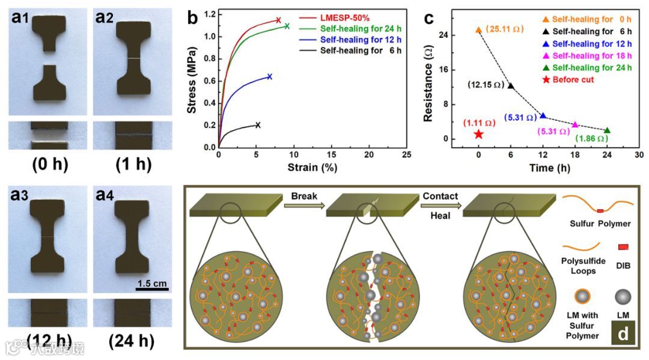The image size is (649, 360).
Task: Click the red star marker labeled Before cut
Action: click(x=478, y=134)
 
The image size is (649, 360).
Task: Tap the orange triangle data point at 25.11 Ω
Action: click(x=478, y=30)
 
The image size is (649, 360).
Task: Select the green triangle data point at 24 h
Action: click(x=607, y=130)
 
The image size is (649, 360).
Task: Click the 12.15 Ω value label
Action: click(x=486, y=85)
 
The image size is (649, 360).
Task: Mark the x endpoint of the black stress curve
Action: click(x=258, y=125)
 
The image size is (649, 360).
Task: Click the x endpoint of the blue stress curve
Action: click(x=270, y=76)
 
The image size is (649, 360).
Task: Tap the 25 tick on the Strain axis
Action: click(x=406, y=155)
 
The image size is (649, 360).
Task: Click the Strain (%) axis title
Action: click(x=311, y=167)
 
